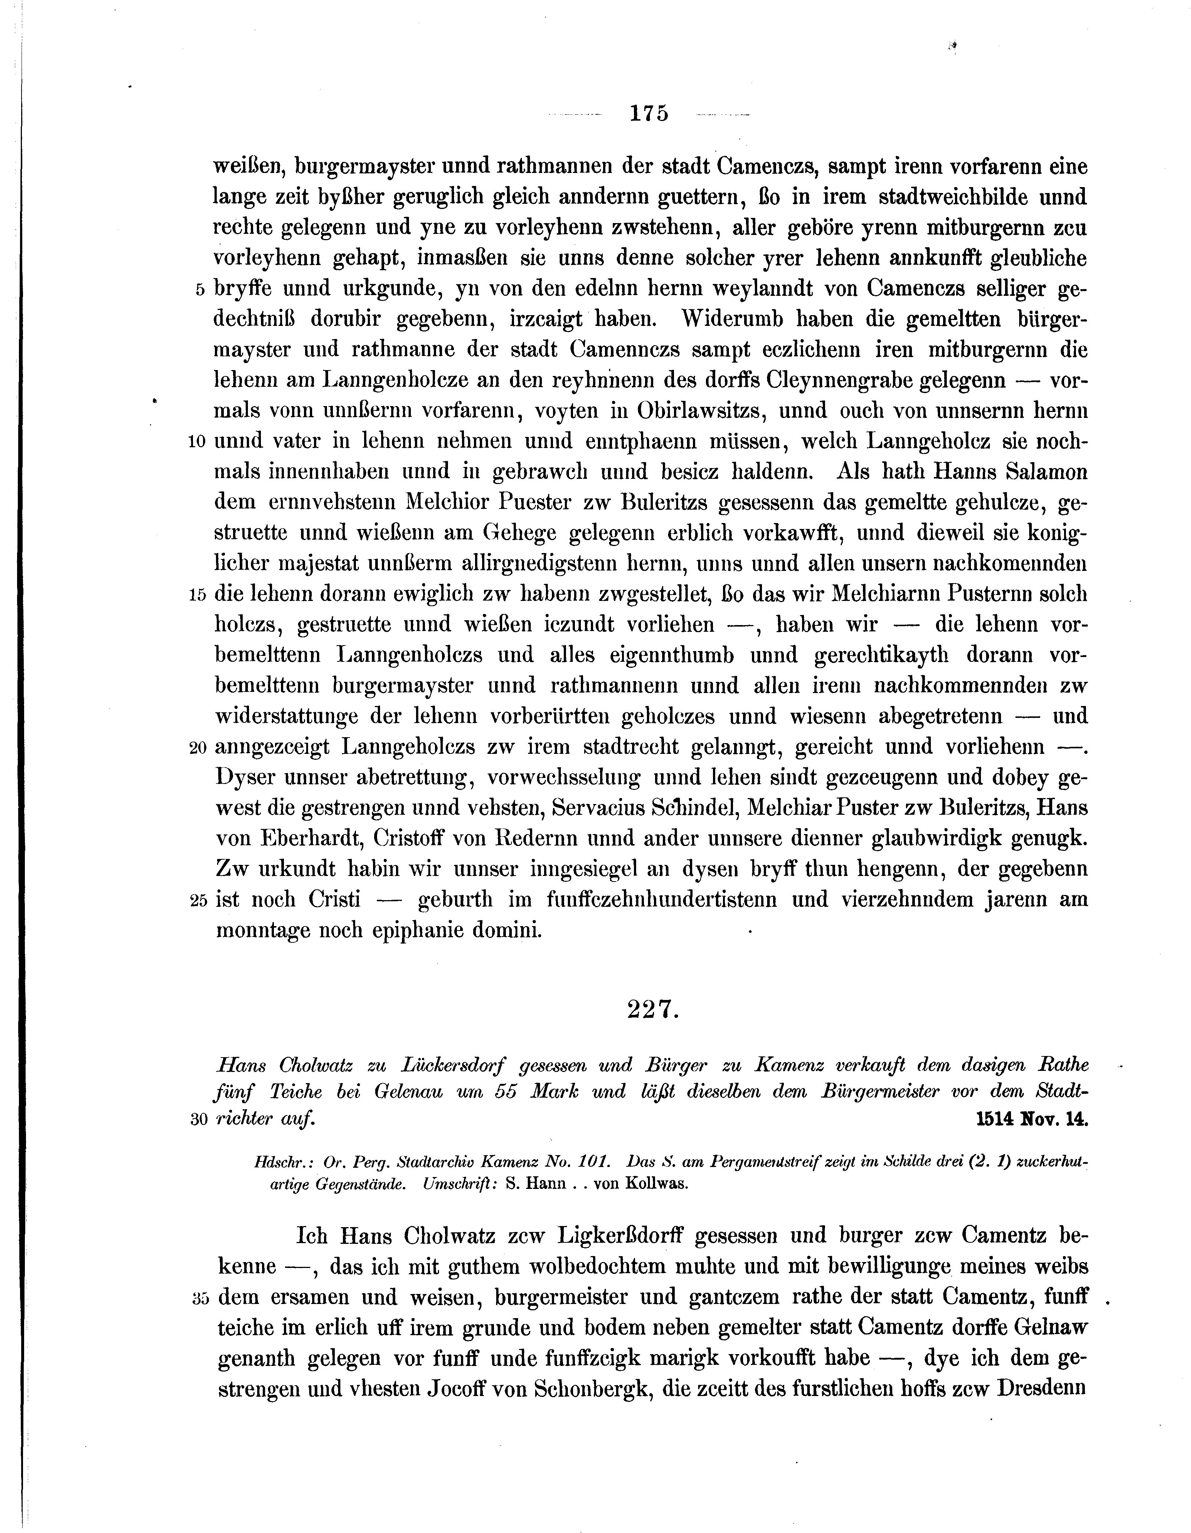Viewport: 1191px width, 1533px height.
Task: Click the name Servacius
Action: (604, 808)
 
